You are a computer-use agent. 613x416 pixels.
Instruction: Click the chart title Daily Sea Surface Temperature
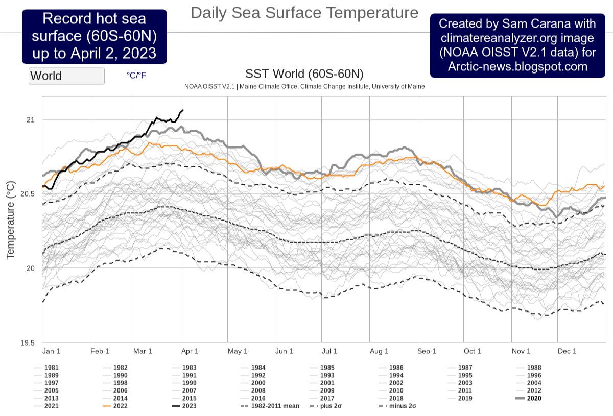tap(304, 13)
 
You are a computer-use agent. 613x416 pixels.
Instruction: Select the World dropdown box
tap(66, 76)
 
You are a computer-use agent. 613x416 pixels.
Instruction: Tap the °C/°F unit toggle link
tap(136, 75)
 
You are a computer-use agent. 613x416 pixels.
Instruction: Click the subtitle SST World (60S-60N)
tap(304, 74)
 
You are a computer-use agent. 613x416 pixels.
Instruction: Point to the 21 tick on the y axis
tap(30, 119)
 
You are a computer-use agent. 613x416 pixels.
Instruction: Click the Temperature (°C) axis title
tap(10, 219)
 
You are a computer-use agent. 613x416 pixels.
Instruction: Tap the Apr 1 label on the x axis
tap(190, 351)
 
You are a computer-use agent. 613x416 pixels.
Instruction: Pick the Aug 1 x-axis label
tap(379, 351)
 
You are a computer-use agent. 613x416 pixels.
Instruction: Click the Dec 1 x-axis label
tap(567, 351)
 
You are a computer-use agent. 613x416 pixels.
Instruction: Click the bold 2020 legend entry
tap(534, 398)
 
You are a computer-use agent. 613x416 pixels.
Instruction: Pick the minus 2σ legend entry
tap(401, 406)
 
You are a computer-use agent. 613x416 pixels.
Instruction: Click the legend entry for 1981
tap(51, 368)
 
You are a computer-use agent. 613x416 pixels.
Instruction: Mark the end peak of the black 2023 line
tap(183, 110)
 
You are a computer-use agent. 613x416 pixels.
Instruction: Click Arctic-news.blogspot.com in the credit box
tap(517, 66)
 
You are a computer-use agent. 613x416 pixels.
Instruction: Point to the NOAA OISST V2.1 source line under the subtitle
tap(304, 87)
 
